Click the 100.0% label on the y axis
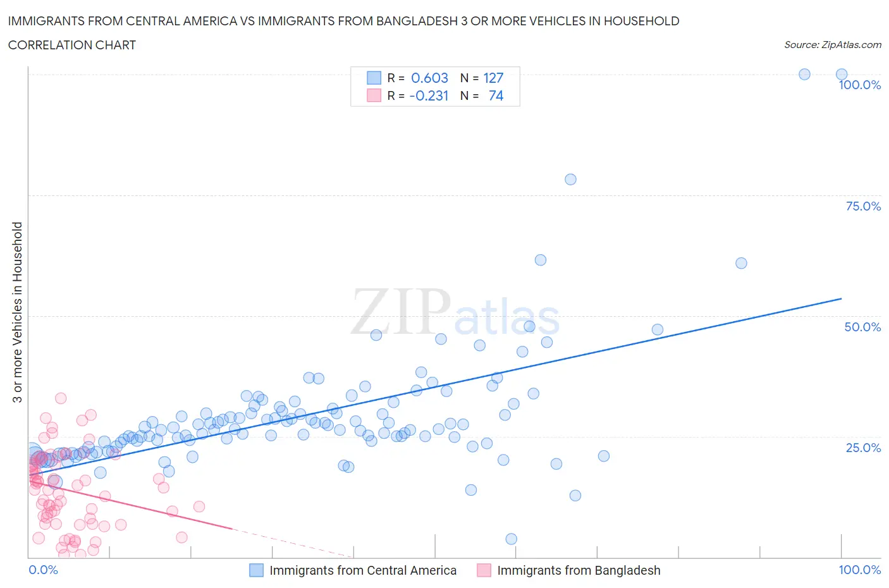[859, 85]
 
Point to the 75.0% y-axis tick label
[863, 207]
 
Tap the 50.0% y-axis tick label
[862, 328]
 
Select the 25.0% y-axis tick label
[863, 448]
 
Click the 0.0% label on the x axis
[43, 570]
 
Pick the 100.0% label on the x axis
[859, 570]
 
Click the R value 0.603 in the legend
[429, 78]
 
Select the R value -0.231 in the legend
[429, 96]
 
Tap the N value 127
[493, 78]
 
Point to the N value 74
[496, 96]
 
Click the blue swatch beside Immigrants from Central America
[256, 570]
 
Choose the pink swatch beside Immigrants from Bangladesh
[484, 570]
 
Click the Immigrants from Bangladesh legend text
[579, 570]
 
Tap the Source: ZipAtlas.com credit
[832, 45]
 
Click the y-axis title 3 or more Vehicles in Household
[18, 312]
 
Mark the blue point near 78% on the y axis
[570, 180]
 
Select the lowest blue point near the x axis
[512, 539]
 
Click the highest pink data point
[61, 398]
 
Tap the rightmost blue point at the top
[842, 75]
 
